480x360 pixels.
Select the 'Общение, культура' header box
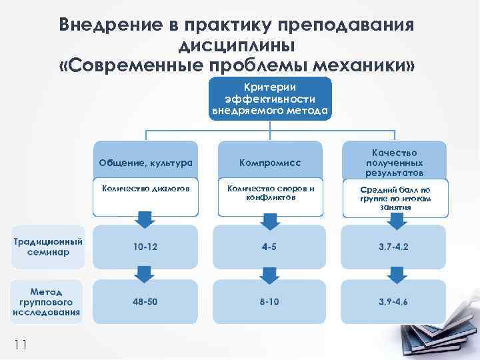click(x=145, y=161)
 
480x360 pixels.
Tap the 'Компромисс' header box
click(x=270, y=161)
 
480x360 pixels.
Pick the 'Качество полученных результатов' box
click(x=396, y=161)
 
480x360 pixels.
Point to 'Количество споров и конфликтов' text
click(x=270, y=192)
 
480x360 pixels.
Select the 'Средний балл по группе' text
click(x=395, y=198)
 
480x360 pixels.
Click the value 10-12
click(x=145, y=247)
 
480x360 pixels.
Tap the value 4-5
click(x=269, y=247)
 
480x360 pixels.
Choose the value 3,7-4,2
click(x=394, y=247)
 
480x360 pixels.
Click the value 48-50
click(x=145, y=301)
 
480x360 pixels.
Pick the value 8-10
click(x=269, y=301)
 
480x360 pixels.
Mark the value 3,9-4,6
click(x=394, y=301)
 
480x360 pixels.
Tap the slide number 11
click(x=20, y=344)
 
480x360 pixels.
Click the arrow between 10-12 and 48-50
click(x=141, y=273)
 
